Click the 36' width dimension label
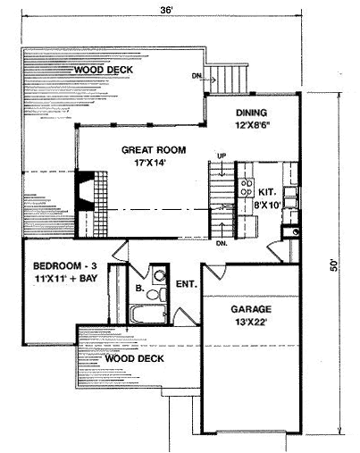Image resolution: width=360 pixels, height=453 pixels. click(x=166, y=10)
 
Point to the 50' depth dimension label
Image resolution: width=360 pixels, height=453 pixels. click(x=335, y=265)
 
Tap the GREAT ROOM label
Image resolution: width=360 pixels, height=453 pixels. click(x=154, y=150)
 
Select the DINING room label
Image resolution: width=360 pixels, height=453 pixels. click(x=252, y=113)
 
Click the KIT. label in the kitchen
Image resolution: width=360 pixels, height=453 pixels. click(x=267, y=192)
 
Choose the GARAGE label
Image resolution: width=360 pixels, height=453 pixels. click(x=251, y=309)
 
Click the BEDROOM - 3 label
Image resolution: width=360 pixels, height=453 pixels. click(x=64, y=265)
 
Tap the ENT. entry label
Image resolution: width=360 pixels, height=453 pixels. click(x=187, y=284)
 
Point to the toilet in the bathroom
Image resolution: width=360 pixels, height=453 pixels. click(x=157, y=294)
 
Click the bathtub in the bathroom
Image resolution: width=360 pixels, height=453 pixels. click(x=148, y=314)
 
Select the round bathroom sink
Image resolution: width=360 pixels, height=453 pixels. click(x=160, y=275)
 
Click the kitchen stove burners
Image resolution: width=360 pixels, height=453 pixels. click(x=247, y=188)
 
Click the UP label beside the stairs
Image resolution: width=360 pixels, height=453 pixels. click(x=222, y=155)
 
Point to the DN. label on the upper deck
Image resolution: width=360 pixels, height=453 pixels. click(x=197, y=76)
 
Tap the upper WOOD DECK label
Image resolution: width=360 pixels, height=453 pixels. click(x=104, y=70)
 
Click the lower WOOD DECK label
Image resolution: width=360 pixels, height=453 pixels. click(x=135, y=358)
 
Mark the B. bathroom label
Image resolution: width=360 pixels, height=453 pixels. click(x=139, y=288)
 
